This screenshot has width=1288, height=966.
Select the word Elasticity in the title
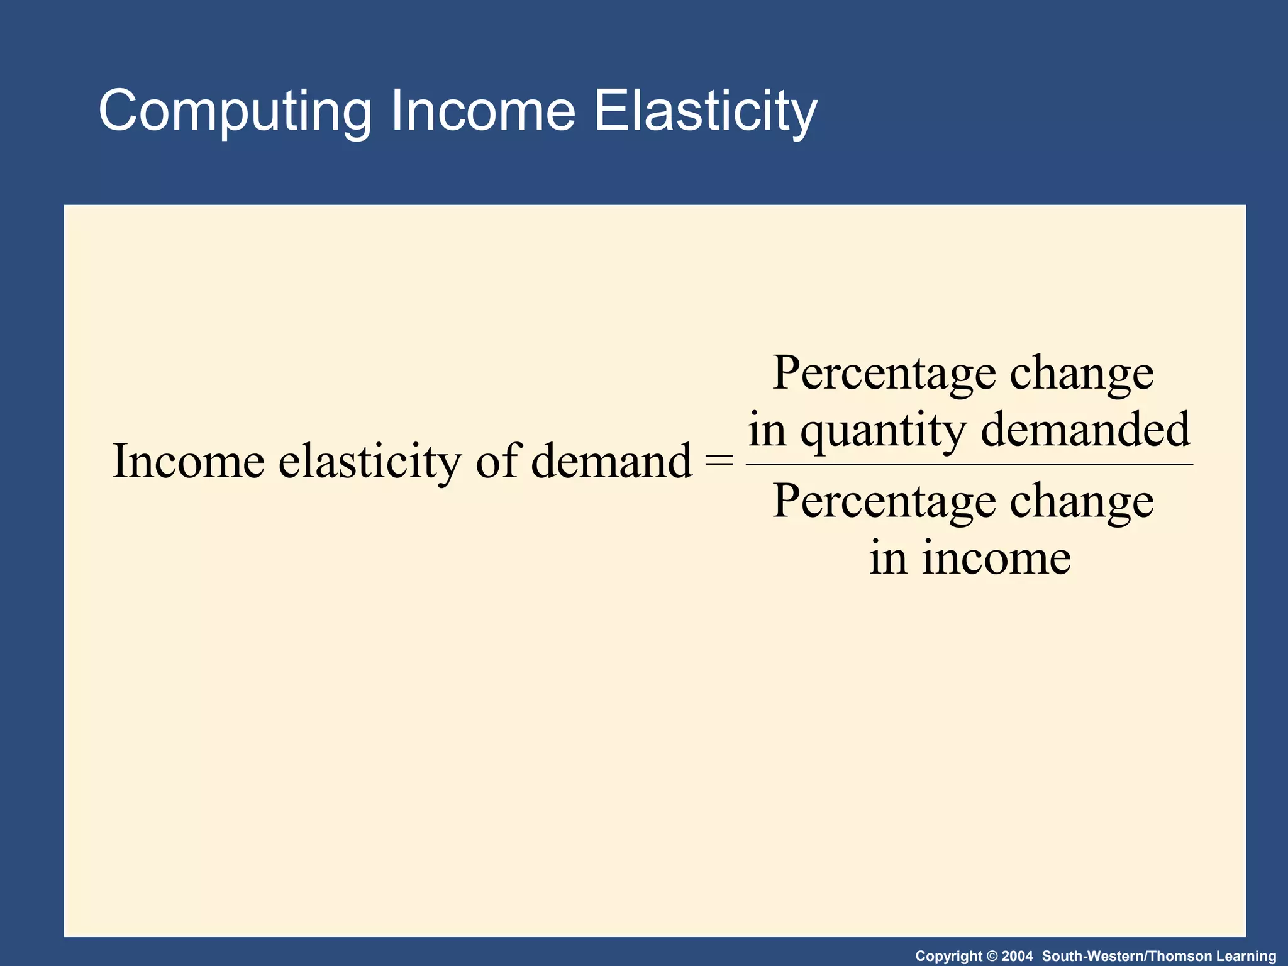click(x=705, y=112)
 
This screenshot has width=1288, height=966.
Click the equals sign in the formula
click(x=719, y=462)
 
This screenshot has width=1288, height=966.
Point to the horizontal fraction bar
click(x=969, y=464)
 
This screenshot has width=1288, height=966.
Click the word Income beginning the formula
click(x=188, y=462)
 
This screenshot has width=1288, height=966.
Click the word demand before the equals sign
click(x=611, y=462)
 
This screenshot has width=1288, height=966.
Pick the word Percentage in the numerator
click(x=884, y=374)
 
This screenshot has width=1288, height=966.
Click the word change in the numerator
click(x=1082, y=374)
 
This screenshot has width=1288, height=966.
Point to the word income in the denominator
click(x=996, y=558)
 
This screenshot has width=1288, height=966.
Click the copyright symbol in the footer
click(x=991, y=956)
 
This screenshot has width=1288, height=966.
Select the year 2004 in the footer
click(x=1017, y=956)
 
